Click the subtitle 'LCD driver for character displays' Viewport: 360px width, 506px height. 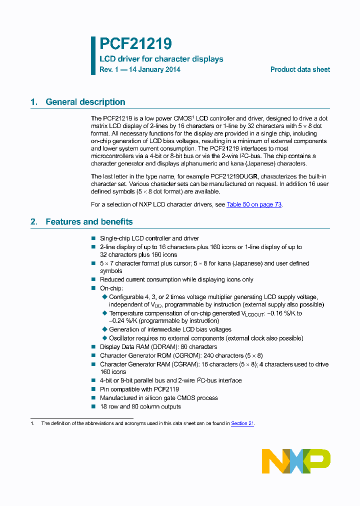[x=161, y=59]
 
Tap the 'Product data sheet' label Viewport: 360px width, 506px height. [x=300, y=69]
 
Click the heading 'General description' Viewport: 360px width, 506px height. [x=85, y=102]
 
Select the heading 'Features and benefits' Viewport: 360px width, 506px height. [x=89, y=221]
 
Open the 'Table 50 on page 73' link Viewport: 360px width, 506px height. [x=254, y=204]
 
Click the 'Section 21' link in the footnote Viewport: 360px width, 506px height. [x=242, y=423]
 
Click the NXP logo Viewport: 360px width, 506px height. [x=296, y=461]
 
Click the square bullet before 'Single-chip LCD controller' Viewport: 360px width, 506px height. [x=93, y=238]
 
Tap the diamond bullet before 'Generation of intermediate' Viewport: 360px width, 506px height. [x=104, y=329]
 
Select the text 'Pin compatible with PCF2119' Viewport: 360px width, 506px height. [x=139, y=389]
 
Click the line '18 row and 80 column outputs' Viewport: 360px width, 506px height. [x=140, y=406]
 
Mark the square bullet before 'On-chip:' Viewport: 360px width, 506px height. [x=93, y=288]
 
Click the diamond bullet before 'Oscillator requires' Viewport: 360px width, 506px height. [x=104, y=338]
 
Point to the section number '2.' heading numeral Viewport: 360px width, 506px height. [x=34, y=221]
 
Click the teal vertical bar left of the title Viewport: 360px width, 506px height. [x=93, y=55]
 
